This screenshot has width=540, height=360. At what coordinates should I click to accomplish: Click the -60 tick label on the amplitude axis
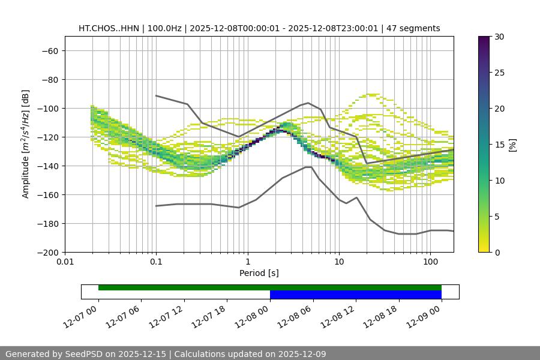(49, 50)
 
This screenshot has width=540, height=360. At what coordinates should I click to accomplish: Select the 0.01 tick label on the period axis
(65, 262)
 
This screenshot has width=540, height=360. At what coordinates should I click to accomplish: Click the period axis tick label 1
(247, 262)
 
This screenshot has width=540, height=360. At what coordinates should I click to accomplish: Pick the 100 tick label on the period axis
(430, 262)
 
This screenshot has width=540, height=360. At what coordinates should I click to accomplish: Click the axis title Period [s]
(259, 273)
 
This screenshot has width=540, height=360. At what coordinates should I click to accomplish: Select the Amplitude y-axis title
(26, 144)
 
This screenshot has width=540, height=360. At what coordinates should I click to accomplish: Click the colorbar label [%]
(512, 144)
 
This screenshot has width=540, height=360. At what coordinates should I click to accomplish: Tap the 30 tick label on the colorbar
(499, 37)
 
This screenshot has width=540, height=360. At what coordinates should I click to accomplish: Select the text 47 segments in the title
(413, 28)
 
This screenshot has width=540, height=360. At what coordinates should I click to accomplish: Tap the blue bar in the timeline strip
(355, 295)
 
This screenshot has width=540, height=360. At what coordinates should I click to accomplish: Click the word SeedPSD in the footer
(85, 354)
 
